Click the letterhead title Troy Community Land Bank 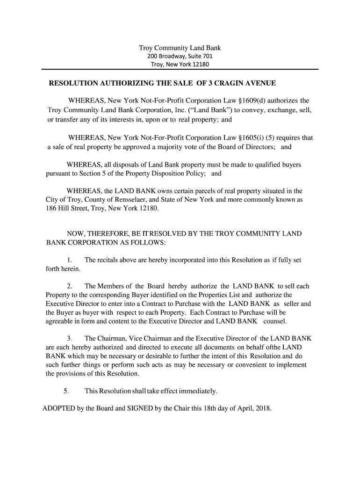pyautogui.click(x=180, y=48)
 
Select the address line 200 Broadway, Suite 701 pyautogui.click(x=180, y=56)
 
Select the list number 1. pyautogui.click(x=69, y=260)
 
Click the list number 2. pyautogui.click(x=69, y=286)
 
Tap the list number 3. pyautogui.click(x=69, y=338)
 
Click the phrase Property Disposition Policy pyautogui.click(x=169, y=174)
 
